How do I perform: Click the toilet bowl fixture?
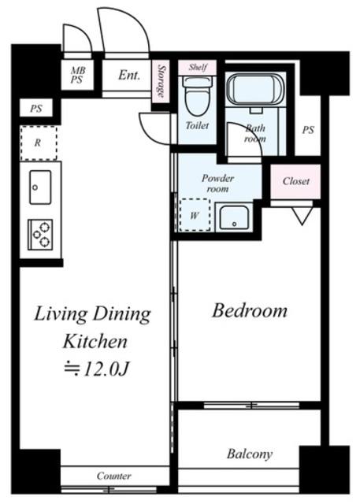tap(197, 96)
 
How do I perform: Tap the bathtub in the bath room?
tap(255, 89)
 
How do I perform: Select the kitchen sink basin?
tap(40, 187)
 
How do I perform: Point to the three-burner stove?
tap(40, 234)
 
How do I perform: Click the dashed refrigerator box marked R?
tap(39, 143)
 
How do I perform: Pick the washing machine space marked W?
tap(195, 215)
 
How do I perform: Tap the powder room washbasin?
tap(234, 217)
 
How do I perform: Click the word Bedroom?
tap(250, 311)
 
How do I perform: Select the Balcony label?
tap(250, 454)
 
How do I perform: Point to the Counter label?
tap(113, 476)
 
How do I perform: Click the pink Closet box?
tap(295, 182)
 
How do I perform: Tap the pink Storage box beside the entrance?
tap(161, 82)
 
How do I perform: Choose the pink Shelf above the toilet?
tap(198, 68)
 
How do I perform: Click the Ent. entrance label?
tap(129, 76)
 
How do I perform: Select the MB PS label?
tap(77, 75)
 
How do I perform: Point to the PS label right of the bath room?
tap(308, 130)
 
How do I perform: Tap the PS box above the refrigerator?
tap(36, 109)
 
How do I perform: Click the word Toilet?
tap(197, 125)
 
